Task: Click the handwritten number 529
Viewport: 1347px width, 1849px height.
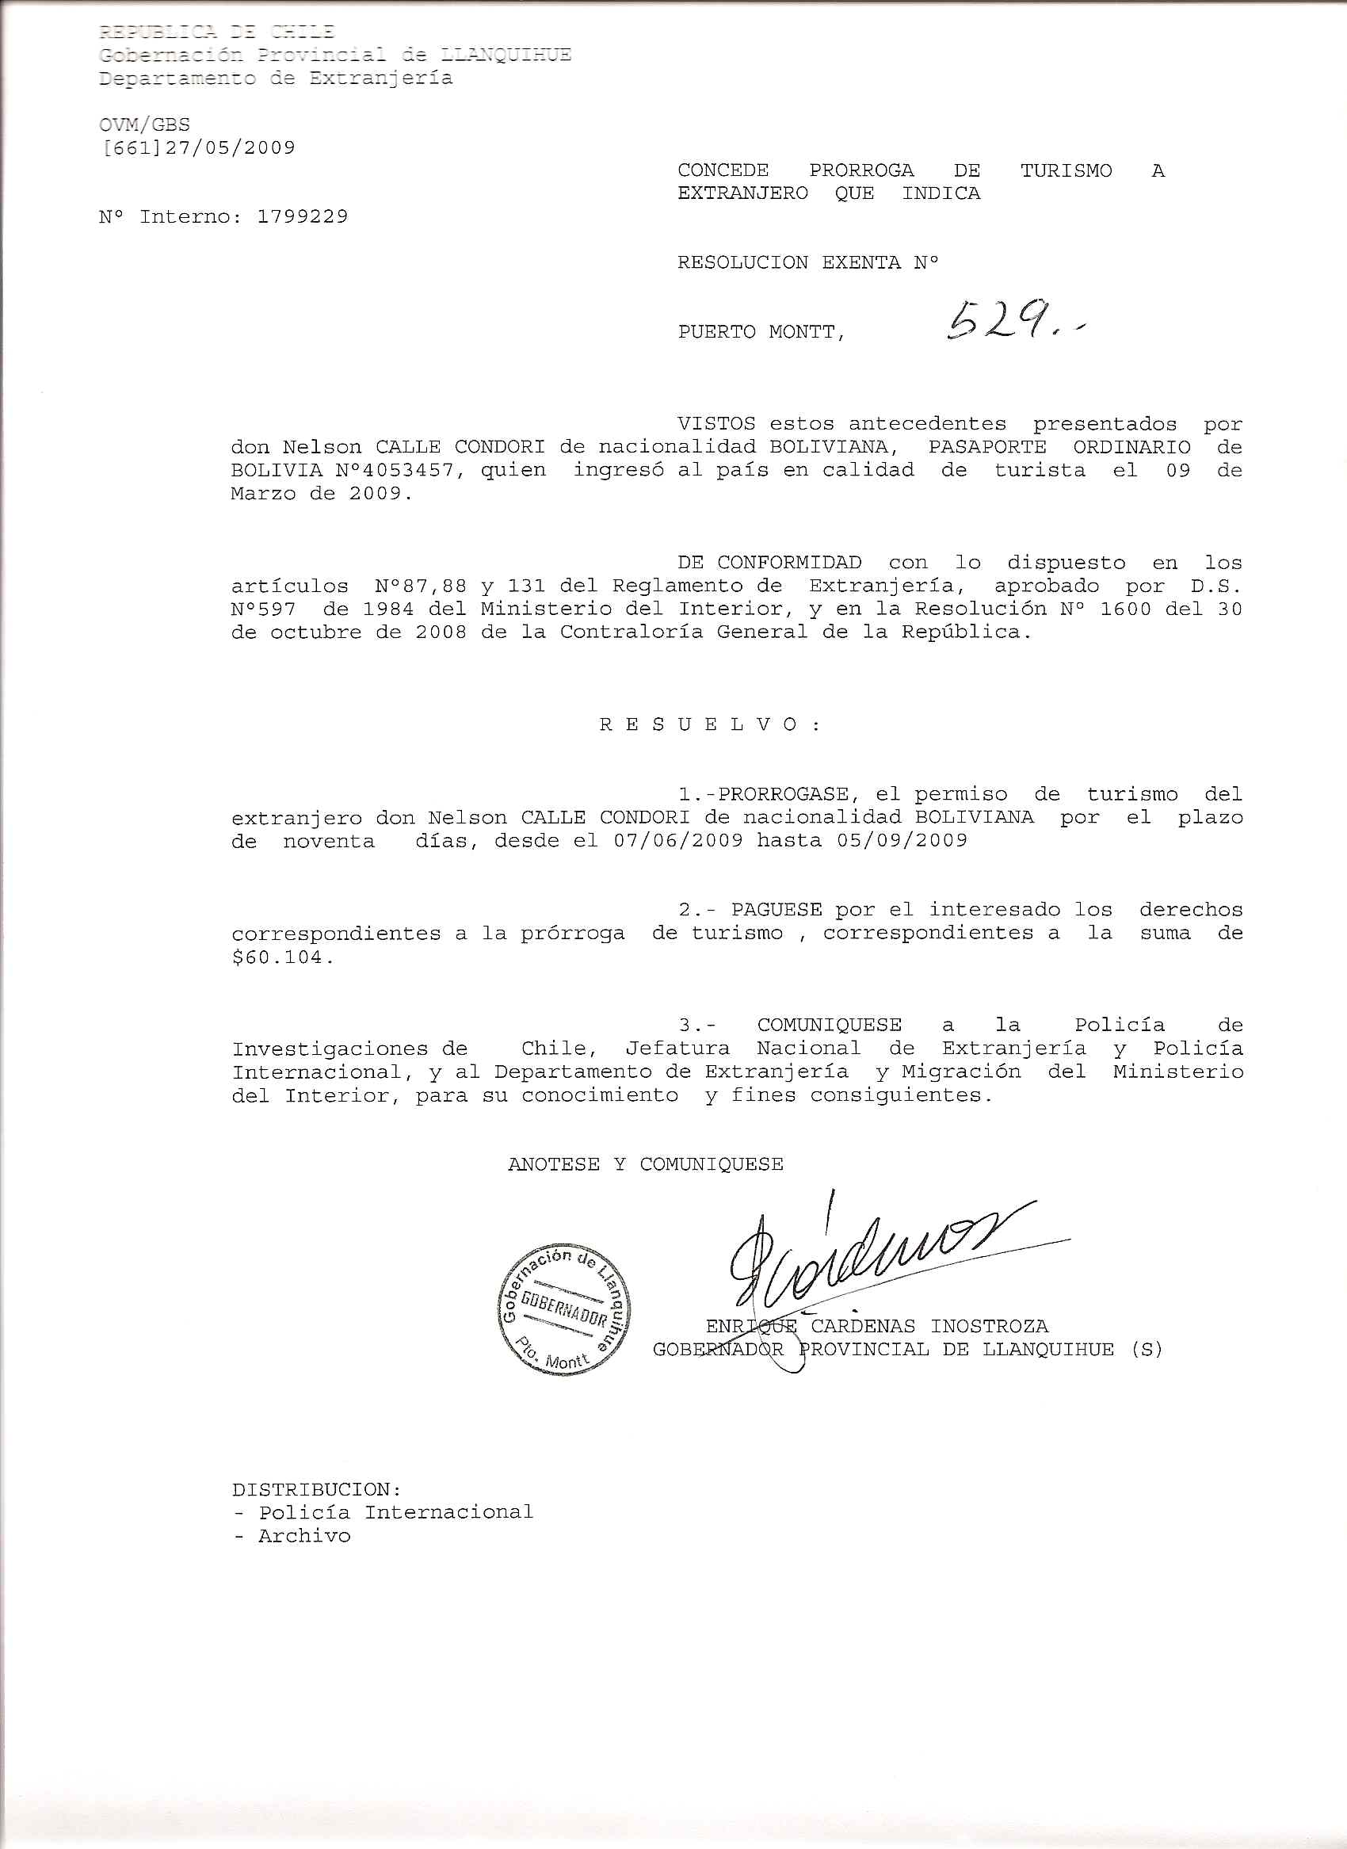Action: [1003, 322]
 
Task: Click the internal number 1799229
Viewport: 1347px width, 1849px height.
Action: [303, 217]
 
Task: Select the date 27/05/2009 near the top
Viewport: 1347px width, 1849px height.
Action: [230, 147]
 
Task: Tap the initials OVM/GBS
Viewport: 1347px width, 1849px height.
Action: [144, 124]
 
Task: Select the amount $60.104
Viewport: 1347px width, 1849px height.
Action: [282, 957]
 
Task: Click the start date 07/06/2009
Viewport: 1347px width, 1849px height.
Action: [678, 841]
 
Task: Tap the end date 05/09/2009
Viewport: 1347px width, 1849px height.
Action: [902, 841]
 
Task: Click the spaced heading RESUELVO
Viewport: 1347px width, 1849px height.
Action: [709, 725]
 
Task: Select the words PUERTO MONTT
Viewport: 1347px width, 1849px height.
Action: [760, 332]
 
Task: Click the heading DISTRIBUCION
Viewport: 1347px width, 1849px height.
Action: [315, 1489]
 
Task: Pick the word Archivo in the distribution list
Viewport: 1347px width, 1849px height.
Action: [304, 1536]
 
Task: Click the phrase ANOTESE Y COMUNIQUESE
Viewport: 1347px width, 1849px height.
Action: [645, 1164]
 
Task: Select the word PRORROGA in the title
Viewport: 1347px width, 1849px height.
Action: [861, 170]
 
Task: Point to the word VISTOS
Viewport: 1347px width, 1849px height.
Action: [717, 424]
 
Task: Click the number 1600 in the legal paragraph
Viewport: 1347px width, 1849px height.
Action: [1125, 609]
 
